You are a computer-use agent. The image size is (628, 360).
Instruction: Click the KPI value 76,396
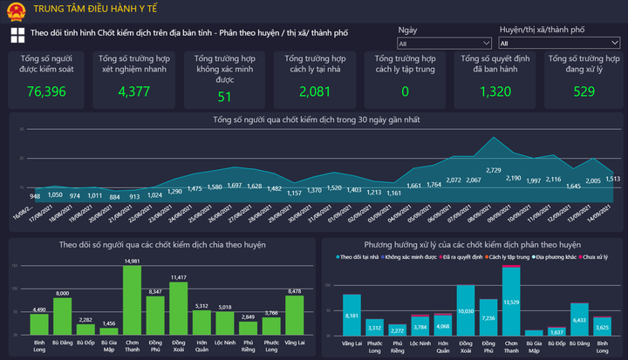[47, 92]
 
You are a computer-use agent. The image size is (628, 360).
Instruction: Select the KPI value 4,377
[133, 92]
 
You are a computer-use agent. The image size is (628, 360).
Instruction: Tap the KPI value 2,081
[315, 92]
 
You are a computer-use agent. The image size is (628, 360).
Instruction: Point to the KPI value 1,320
[495, 92]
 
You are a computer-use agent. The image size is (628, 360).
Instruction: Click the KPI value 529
[584, 92]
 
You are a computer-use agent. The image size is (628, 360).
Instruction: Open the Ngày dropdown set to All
[444, 42]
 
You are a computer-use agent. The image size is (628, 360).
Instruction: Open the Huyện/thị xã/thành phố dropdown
[558, 42]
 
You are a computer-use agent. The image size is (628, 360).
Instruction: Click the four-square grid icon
[17, 35]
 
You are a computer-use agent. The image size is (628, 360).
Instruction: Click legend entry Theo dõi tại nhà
[359, 258]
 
